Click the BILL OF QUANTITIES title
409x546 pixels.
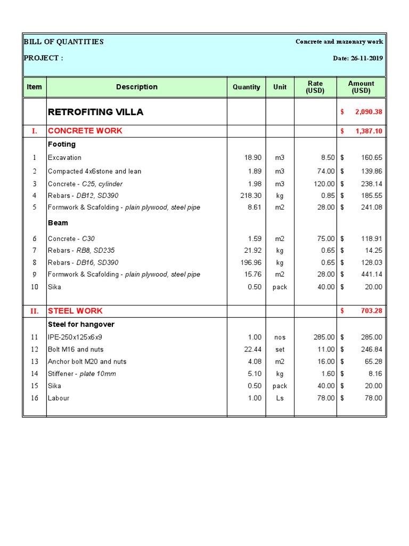[x=63, y=42]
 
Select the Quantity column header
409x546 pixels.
[x=247, y=87]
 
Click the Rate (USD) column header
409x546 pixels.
[x=315, y=87]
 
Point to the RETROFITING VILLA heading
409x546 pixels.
[x=95, y=112]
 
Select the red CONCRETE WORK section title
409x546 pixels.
[x=85, y=131]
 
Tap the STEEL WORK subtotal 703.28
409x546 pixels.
[x=371, y=311]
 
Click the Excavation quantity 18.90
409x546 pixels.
[x=252, y=158]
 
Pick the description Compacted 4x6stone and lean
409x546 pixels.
[x=94, y=171]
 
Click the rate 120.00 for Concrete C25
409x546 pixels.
[x=323, y=184]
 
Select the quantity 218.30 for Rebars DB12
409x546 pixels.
[x=251, y=196]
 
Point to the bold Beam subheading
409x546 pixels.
[x=58, y=223]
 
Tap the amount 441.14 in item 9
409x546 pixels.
[x=371, y=275]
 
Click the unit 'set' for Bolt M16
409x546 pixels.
[x=280, y=349]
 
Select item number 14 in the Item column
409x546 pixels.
[x=35, y=374]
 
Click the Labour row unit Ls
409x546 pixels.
[x=280, y=398]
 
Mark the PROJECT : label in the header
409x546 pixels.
[x=43, y=58]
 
